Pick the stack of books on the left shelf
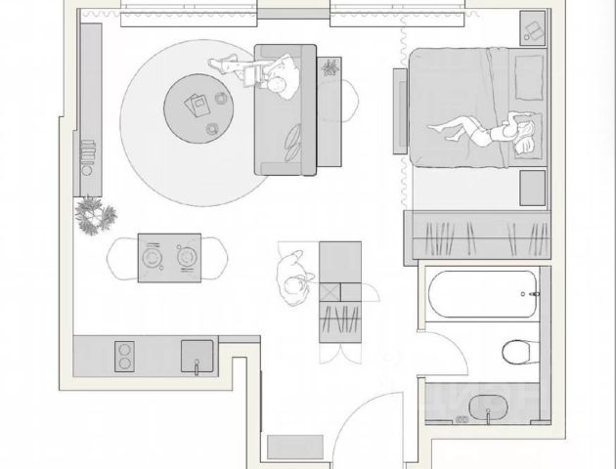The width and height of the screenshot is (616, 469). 87,153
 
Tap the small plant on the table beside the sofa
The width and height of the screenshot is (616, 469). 330,67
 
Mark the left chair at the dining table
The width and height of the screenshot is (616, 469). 118,258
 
